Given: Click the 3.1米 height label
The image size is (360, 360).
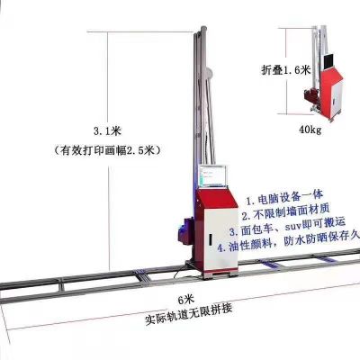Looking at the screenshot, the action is [x=107, y=131].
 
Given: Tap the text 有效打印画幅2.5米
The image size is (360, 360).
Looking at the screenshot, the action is [x=107, y=150].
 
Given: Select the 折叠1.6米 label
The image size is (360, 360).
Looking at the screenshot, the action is [x=285, y=70].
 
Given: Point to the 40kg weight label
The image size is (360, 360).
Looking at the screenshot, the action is [x=310, y=130].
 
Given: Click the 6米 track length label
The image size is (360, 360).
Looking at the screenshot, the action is [x=186, y=300].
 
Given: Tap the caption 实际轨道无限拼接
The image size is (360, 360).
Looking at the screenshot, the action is [x=188, y=314].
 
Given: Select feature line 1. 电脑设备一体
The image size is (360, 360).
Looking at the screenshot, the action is [x=284, y=197].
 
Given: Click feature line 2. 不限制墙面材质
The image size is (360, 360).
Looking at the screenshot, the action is [x=285, y=211].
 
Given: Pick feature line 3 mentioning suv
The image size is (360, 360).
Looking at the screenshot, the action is [x=287, y=226].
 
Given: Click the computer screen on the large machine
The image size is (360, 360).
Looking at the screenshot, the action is [x=213, y=176].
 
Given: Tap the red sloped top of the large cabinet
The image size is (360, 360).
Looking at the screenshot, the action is [x=217, y=199].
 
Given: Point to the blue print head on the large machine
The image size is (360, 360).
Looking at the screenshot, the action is [x=184, y=231].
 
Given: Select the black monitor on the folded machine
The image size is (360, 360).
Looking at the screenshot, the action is [x=329, y=61].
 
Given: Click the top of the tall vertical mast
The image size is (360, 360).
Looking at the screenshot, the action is [x=203, y=29].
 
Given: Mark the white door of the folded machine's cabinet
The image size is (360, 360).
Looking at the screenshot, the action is [x=337, y=98].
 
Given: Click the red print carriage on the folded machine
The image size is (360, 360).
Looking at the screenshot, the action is [x=312, y=96].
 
